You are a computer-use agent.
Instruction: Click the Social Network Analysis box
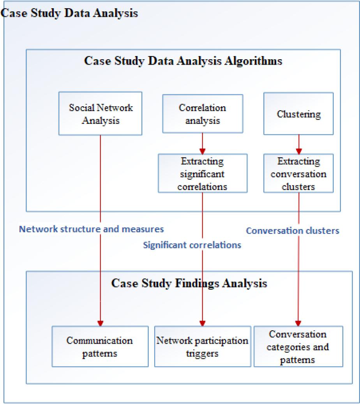(x=101, y=113)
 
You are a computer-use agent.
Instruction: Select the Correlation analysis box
(x=202, y=113)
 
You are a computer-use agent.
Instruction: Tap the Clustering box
(x=298, y=114)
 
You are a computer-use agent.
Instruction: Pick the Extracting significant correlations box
(x=202, y=173)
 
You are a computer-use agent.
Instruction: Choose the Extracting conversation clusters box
(x=298, y=173)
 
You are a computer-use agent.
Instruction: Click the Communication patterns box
(x=100, y=346)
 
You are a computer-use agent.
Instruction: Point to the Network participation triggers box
(x=202, y=346)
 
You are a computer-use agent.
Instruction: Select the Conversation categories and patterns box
(x=298, y=346)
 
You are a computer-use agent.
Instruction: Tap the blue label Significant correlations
(x=192, y=245)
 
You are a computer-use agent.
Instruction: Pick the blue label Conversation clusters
(x=293, y=231)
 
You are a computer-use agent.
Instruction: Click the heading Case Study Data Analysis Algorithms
(x=183, y=62)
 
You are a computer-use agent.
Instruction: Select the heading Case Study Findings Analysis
(x=189, y=283)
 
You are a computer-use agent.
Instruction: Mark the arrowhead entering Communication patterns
(x=101, y=323)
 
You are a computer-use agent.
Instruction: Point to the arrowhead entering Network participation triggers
(x=203, y=323)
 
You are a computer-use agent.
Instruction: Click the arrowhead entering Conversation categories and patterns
(x=298, y=323)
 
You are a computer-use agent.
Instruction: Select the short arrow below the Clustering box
(x=298, y=144)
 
